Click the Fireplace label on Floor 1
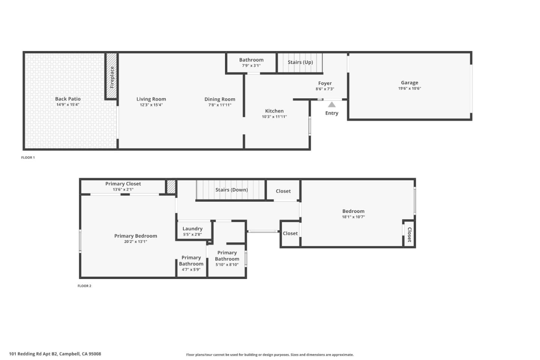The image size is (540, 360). [x=112, y=77]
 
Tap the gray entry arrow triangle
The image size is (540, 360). [x=332, y=105]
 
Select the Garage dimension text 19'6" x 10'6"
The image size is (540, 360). [x=409, y=88]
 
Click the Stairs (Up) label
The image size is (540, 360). [x=300, y=62]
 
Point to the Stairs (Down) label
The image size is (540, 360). [x=231, y=190]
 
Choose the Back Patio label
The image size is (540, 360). [x=68, y=99]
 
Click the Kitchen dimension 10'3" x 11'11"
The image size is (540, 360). [x=274, y=117]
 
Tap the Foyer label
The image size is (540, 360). [x=325, y=83]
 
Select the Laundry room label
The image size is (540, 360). [x=192, y=229]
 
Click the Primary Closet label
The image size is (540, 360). [x=123, y=184]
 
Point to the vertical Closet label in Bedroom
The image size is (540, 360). [x=409, y=234]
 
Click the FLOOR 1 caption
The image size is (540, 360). [x=28, y=157]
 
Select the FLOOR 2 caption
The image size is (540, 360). [x=84, y=286]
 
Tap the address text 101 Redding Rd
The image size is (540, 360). [x=55, y=354]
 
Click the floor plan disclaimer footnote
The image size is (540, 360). [x=270, y=355]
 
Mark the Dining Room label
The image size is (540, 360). [x=220, y=99]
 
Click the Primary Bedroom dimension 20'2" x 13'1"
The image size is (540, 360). [x=135, y=241]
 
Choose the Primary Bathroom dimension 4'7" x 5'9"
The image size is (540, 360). [x=191, y=270]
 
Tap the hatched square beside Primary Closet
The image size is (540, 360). [x=171, y=187]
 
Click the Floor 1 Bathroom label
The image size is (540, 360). [x=251, y=60]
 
